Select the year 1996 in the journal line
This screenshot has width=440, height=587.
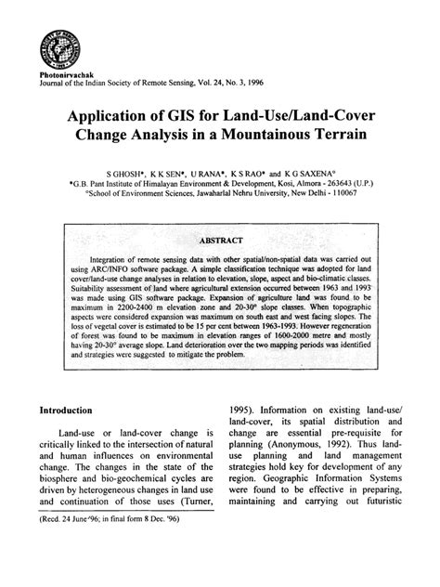click(x=253, y=82)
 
